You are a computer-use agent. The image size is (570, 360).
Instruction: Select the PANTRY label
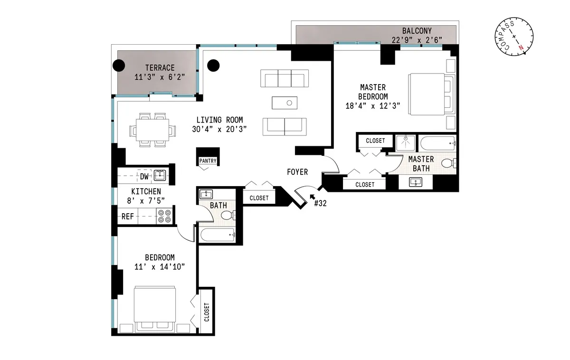(x=208, y=161)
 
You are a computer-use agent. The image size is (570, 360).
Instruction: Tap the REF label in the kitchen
(x=127, y=217)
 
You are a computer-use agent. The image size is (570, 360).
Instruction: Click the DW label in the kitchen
(x=144, y=177)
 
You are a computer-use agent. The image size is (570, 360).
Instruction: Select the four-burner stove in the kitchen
(x=164, y=217)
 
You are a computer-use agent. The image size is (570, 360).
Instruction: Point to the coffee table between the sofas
(x=284, y=103)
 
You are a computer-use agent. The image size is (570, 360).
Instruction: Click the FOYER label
(x=297, y=172)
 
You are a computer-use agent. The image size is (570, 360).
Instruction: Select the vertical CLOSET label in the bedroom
(x=207, y=313)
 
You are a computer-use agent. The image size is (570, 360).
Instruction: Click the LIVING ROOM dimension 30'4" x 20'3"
(x=221, y=129)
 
